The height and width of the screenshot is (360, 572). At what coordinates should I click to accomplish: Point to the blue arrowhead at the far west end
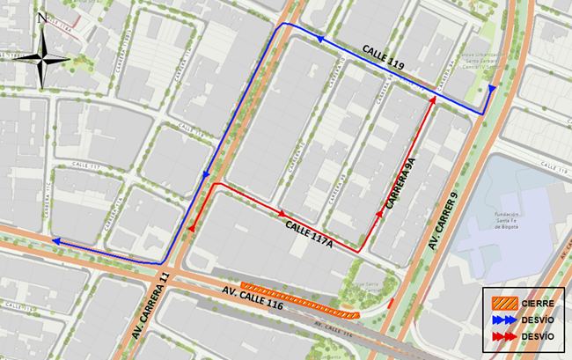click(55, 240)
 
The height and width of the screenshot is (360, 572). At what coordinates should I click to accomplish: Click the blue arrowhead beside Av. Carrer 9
click(492, 89)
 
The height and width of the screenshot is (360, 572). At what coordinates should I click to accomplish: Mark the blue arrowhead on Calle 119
click(321, 41)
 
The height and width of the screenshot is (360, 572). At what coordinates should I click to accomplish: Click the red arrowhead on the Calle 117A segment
click(282, 213)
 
